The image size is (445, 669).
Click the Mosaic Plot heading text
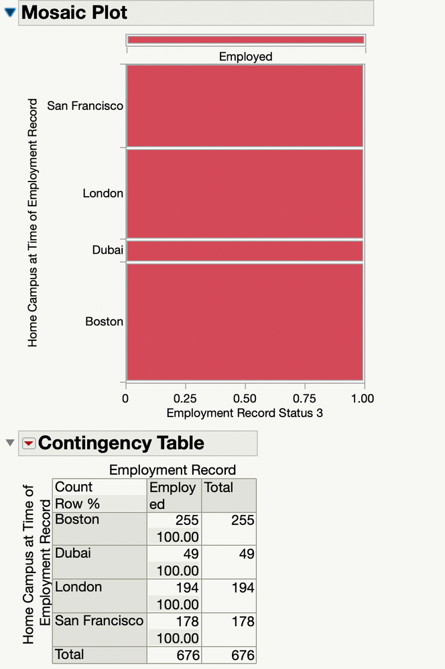(x=74, y=12)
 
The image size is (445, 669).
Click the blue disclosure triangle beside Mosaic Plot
(x=9, y=12)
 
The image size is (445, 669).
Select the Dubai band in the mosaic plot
(x=245, y=251)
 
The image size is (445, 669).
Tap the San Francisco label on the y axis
(x=84, y=106)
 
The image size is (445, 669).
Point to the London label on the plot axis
(x=103, y=194)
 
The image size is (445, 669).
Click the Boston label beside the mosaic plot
(x=104, y=321)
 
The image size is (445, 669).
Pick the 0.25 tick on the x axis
(x=185, y=398)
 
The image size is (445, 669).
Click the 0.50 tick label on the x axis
(x=245, y=398)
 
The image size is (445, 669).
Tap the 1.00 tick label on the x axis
(x=363, y=398)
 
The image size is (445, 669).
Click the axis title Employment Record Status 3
(x=245, y=413)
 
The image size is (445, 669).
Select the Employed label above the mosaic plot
(x=245, y=57)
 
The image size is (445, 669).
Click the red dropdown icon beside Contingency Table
(x=29, y=443)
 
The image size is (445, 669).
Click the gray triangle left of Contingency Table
(x=9, y=443)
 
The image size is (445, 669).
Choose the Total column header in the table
(x=218, y=488)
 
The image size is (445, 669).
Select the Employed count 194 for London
(x=184, y=588)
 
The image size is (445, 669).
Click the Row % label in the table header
(x=77, y=504)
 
